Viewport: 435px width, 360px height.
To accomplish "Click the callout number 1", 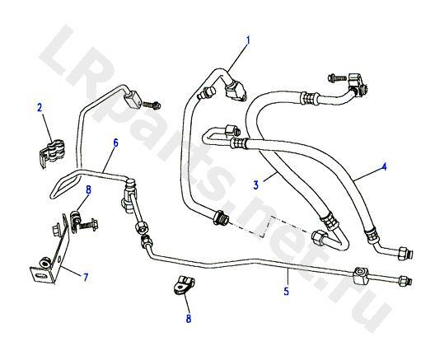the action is coord(248,40).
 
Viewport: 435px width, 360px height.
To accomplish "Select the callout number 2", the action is coord(40,108).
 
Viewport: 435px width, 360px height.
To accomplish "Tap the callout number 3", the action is coord(255,185).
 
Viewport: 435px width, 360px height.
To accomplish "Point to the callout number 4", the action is coord(384,166).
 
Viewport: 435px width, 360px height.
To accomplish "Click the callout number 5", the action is coord(287,292).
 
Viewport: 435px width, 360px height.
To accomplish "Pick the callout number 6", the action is coord(115,143).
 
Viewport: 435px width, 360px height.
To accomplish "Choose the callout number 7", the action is coord(86,277).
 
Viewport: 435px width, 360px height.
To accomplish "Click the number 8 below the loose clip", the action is coord(189,319).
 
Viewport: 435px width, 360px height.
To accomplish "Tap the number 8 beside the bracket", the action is coord(88,190).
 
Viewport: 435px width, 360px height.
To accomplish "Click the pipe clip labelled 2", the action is coord(53,152).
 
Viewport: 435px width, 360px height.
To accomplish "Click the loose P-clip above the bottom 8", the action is coord(182,284).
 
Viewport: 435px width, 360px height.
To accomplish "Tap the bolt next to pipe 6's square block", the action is coord(152,105).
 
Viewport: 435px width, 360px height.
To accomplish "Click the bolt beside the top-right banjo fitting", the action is coord(337,77).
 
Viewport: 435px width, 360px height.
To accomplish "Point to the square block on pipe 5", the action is coord(361,275).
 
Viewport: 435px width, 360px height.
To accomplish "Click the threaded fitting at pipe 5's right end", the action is coord(405,281).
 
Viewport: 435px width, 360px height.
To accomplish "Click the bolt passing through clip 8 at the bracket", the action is coord(88,223).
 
